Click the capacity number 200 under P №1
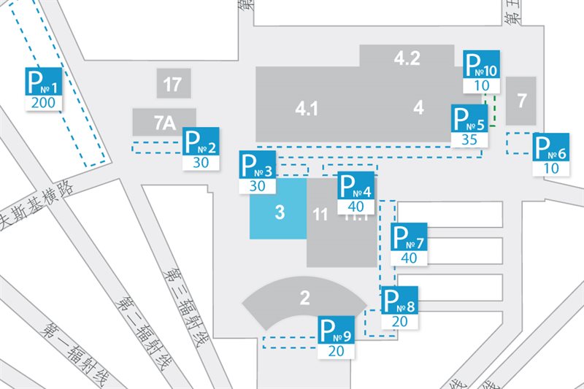[44, 102]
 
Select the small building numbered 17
[173, 84]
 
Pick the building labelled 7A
[164, 122]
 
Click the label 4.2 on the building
[407, 58]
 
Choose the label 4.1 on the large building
[307, 109]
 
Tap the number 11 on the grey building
[320, 215]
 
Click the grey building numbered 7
[521, 101]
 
